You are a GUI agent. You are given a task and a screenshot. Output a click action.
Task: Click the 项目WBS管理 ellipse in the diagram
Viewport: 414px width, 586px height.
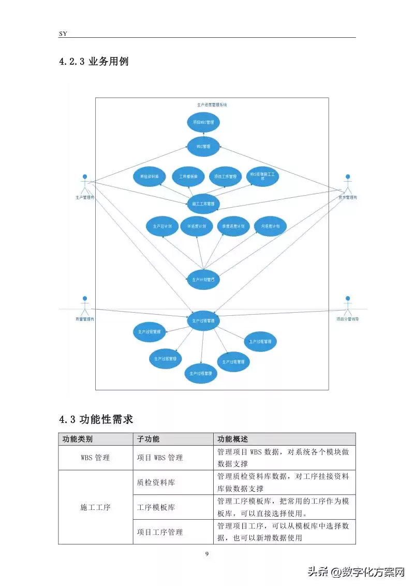tap(203, 122)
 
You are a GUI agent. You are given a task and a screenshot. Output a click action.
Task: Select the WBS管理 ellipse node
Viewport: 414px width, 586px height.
tap(203, 146)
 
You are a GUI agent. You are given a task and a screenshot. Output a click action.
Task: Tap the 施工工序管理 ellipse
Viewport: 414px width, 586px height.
tap(203, 203)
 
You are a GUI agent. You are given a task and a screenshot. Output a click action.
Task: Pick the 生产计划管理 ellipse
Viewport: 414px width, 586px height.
tap(203, 280)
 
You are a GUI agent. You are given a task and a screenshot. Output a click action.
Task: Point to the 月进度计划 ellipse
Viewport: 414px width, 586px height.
tap(271, 226)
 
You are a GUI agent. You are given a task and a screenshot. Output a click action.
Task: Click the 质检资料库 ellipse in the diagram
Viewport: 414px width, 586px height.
tap(149, 176)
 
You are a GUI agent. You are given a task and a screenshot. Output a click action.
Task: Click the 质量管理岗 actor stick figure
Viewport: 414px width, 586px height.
tap(85, 305)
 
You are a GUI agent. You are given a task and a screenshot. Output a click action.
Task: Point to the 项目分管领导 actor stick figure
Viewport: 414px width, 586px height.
tap(348, 305)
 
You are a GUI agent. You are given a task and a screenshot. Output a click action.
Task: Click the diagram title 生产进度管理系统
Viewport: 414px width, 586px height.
tap(212, 105)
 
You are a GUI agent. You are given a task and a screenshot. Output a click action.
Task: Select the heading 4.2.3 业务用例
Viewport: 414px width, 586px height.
tap(94, 62)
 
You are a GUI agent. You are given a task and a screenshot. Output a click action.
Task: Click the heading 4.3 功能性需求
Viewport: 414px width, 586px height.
tap(97, 418)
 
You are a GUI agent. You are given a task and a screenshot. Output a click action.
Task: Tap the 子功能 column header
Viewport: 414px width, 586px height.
tap(148, 439)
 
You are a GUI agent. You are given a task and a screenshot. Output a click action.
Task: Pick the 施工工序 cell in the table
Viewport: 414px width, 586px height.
tap(95, 507)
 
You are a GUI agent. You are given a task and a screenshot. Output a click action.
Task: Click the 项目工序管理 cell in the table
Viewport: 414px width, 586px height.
tap(160, 532)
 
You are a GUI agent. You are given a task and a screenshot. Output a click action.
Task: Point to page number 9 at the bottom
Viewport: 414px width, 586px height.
tap(207, 554)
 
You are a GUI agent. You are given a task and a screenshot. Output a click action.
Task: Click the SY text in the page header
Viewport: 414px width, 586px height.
tap(63, 33)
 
